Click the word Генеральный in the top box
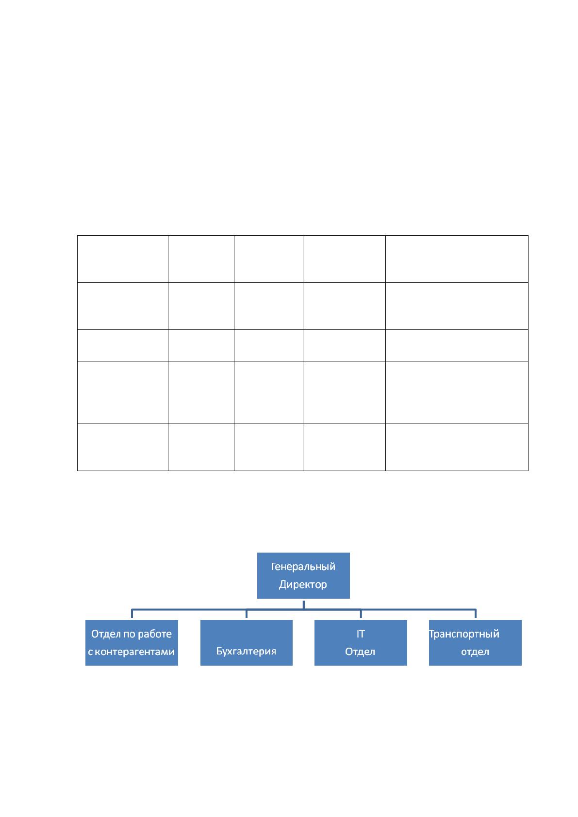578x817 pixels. coord(303,567)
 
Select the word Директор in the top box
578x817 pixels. coord(303,584)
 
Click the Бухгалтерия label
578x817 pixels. coord(247,651)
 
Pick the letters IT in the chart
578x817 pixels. coord(361,634)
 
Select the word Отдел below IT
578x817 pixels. coord(360,652)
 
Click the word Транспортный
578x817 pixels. coord(464,634)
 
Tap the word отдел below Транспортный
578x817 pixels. coord(475,652)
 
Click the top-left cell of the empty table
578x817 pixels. coord(123,259)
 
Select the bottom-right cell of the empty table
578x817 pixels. coord(457,447)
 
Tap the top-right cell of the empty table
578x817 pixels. coord(457,259)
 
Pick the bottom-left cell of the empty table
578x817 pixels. coord(123,447)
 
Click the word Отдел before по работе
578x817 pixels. coord(106,634)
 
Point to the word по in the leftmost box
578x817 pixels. coord(129,635)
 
